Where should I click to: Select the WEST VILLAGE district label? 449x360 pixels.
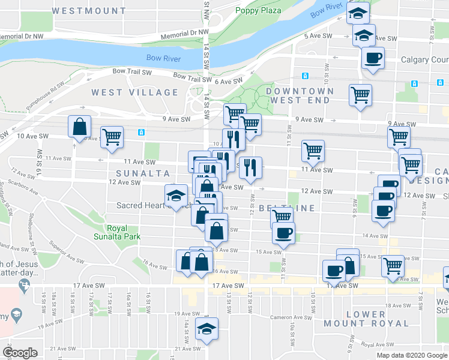pyautogui.click(x=135, y=92)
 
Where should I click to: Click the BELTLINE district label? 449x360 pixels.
pyautogui.click(x=287, y=208)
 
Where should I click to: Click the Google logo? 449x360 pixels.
pyautogui.click(x=20, y=353)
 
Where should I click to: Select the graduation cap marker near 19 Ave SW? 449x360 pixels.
pyautogui.click(x=206, y=329)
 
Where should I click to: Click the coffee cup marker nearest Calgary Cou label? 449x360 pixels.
pyautogui.click(x=373, y=59)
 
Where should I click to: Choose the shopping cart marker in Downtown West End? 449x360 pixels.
pyautogui.click(x=360, y=95)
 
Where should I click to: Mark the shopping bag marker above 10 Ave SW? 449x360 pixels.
pyautogui.click(x=79, y=127)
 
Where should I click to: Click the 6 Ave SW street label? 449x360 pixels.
pyautogui.click(x=229, y=81)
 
